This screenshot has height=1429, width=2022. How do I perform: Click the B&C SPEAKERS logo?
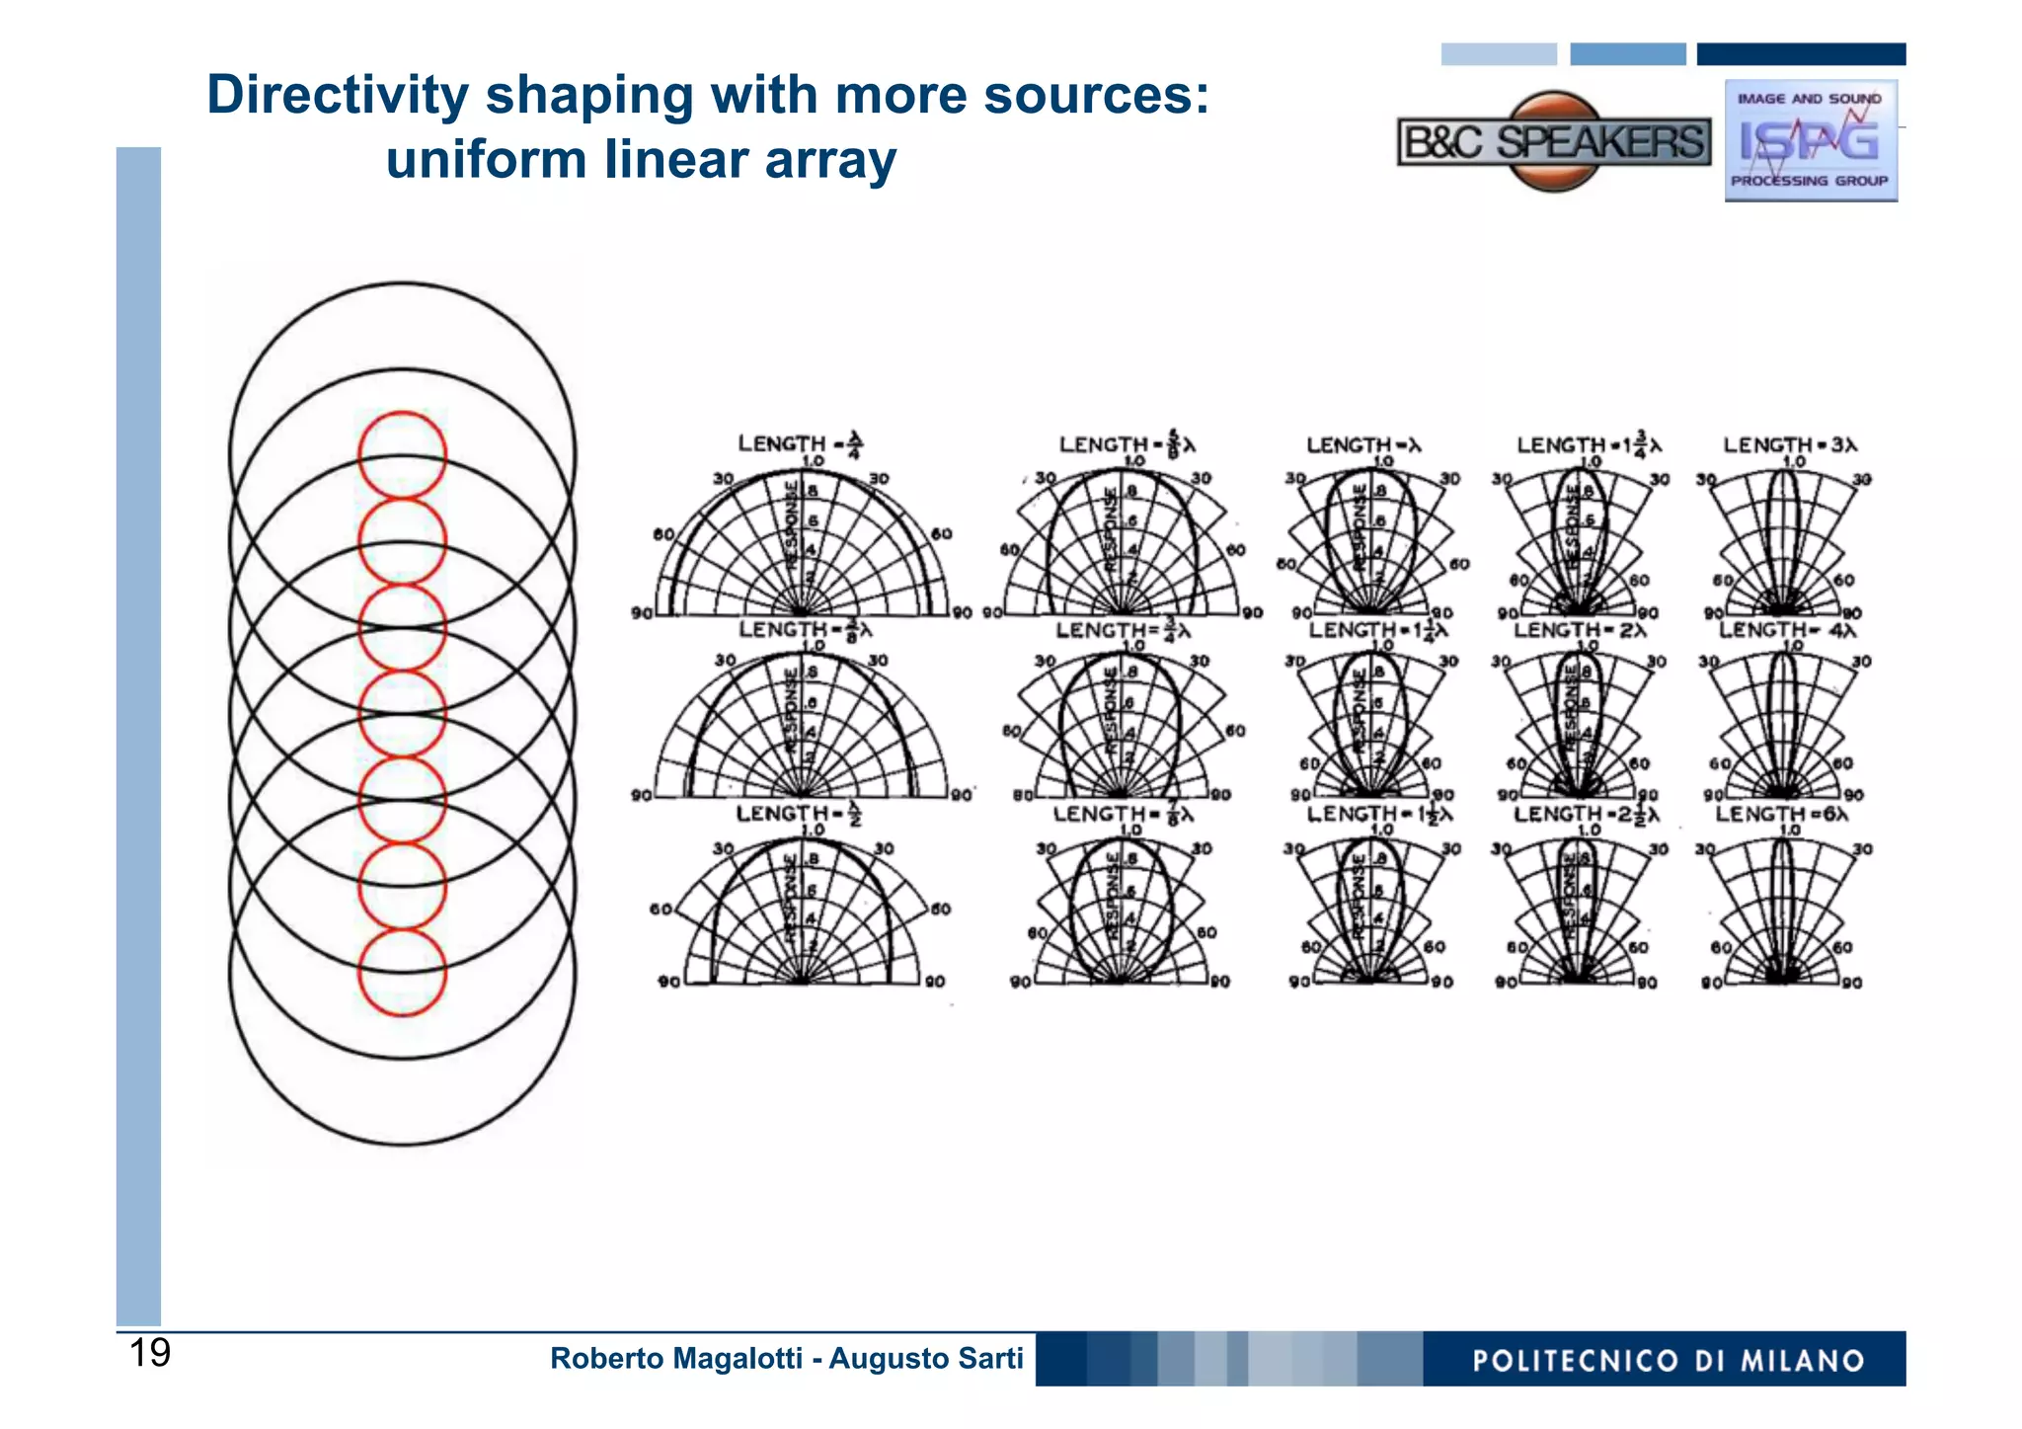1553,142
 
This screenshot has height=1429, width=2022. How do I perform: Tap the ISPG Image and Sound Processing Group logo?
1810,141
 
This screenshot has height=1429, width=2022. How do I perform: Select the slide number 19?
150,1353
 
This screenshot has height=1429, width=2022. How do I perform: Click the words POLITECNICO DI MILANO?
1668,1361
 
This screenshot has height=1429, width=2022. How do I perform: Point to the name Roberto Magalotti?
675,1359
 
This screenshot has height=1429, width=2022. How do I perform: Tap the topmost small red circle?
402,455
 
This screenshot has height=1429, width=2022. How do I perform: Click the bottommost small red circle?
402,973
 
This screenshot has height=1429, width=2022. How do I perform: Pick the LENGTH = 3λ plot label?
1789,445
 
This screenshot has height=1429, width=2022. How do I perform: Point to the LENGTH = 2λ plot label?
1580,629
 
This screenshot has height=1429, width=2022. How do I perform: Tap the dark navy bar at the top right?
1801,54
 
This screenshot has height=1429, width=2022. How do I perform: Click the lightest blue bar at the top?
1498,54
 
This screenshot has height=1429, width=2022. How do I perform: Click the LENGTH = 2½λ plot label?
1586,814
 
